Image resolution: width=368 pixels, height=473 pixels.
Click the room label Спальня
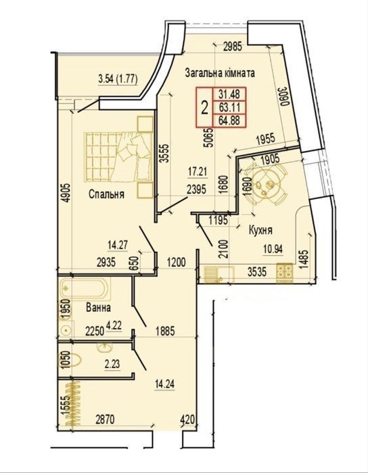(x=106, y=194)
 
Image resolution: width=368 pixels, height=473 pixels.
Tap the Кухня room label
(x=260, y=231)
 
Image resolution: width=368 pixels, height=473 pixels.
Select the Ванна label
(x=98, y=308)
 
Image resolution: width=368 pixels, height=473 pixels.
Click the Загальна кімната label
(x=220, y=73)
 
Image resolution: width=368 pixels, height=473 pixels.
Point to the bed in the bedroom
(x=118, y=157)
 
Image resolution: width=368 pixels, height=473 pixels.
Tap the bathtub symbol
(x=85, y=288)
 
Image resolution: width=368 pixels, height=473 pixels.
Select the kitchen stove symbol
(x=285, y=273)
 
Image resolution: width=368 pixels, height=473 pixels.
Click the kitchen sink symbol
(x=218, y=275)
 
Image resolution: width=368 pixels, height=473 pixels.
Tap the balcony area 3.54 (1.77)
(x=118, y=80)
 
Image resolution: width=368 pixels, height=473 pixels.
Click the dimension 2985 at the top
(x=233, y=47)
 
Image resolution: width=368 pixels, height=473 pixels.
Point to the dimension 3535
(x=257, y=272)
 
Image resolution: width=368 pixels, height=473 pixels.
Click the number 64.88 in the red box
(x=229, y=120)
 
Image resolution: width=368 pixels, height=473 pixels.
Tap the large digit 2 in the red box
(x=204, y=108)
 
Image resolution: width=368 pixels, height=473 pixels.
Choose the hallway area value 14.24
(x=164, y=384)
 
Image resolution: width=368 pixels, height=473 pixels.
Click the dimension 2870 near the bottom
(x=105, y=420)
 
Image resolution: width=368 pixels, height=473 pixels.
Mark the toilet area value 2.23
(x=112, y=364)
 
